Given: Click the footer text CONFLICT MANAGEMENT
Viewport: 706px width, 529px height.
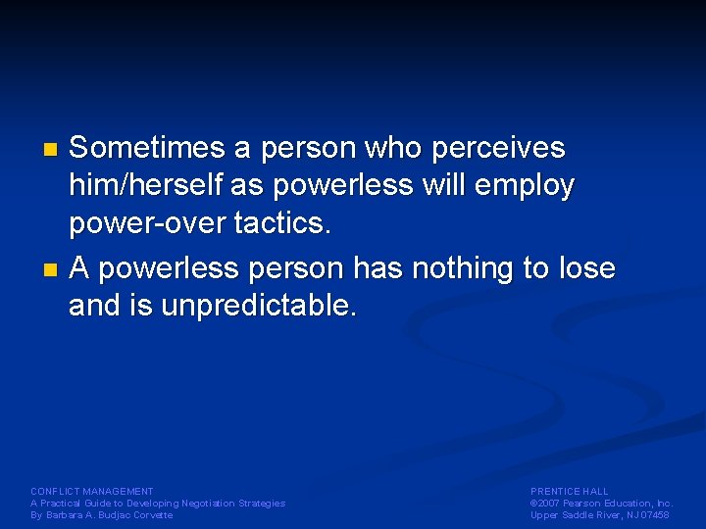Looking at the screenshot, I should coord(92,491).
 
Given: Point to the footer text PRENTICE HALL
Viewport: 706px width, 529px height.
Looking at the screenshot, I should coord(570,491).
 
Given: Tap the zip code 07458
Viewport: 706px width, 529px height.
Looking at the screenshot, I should coord(656,515).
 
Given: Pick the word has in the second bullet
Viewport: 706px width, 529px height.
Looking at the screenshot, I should coord(378,267).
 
